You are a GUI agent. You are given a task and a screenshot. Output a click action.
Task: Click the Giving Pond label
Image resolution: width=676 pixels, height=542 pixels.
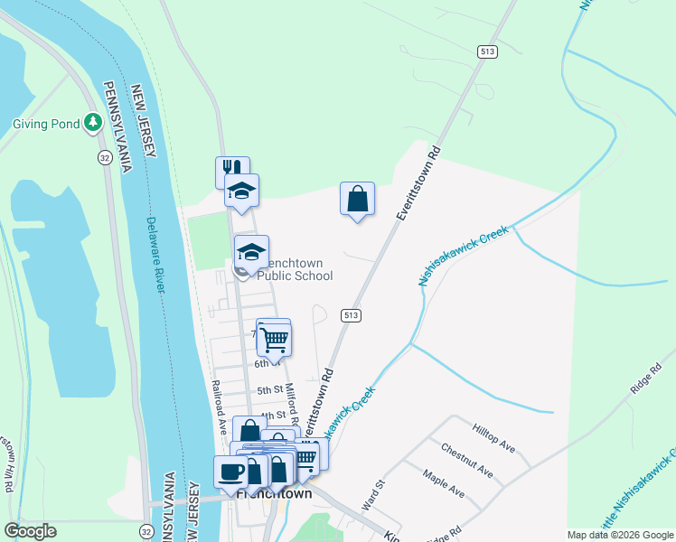click(x=45, y=125)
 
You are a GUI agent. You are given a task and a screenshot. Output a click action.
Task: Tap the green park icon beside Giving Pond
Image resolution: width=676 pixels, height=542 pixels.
click(x=92, y=122)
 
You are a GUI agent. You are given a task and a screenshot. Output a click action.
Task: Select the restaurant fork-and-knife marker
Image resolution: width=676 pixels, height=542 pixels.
click(x=231, y=169)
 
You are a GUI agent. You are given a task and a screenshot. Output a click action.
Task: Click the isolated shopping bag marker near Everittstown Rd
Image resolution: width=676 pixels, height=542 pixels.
click(x=357, y=198)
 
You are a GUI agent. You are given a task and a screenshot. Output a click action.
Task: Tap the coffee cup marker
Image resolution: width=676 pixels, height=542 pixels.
click(x=230, y=471)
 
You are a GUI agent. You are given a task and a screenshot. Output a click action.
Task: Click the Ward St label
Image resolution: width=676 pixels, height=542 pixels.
click(x=374, y=496)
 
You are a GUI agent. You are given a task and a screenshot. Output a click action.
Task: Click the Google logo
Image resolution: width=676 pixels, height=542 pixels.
click(x=30, y=531)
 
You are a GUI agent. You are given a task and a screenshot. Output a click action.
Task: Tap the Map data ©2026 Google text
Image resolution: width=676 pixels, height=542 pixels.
click(x=619, y=535)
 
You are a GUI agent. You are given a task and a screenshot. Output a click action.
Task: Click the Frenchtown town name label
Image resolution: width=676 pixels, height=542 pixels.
click(x=274, y=495)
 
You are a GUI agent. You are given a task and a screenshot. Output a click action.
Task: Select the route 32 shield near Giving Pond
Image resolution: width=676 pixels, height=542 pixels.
click(x=105, y=157)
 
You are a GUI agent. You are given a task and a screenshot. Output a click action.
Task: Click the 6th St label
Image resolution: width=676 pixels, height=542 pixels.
click(x=263, y=364)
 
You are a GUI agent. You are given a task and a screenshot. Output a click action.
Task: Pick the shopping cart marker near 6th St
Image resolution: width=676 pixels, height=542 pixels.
click(x=274, y=340)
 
